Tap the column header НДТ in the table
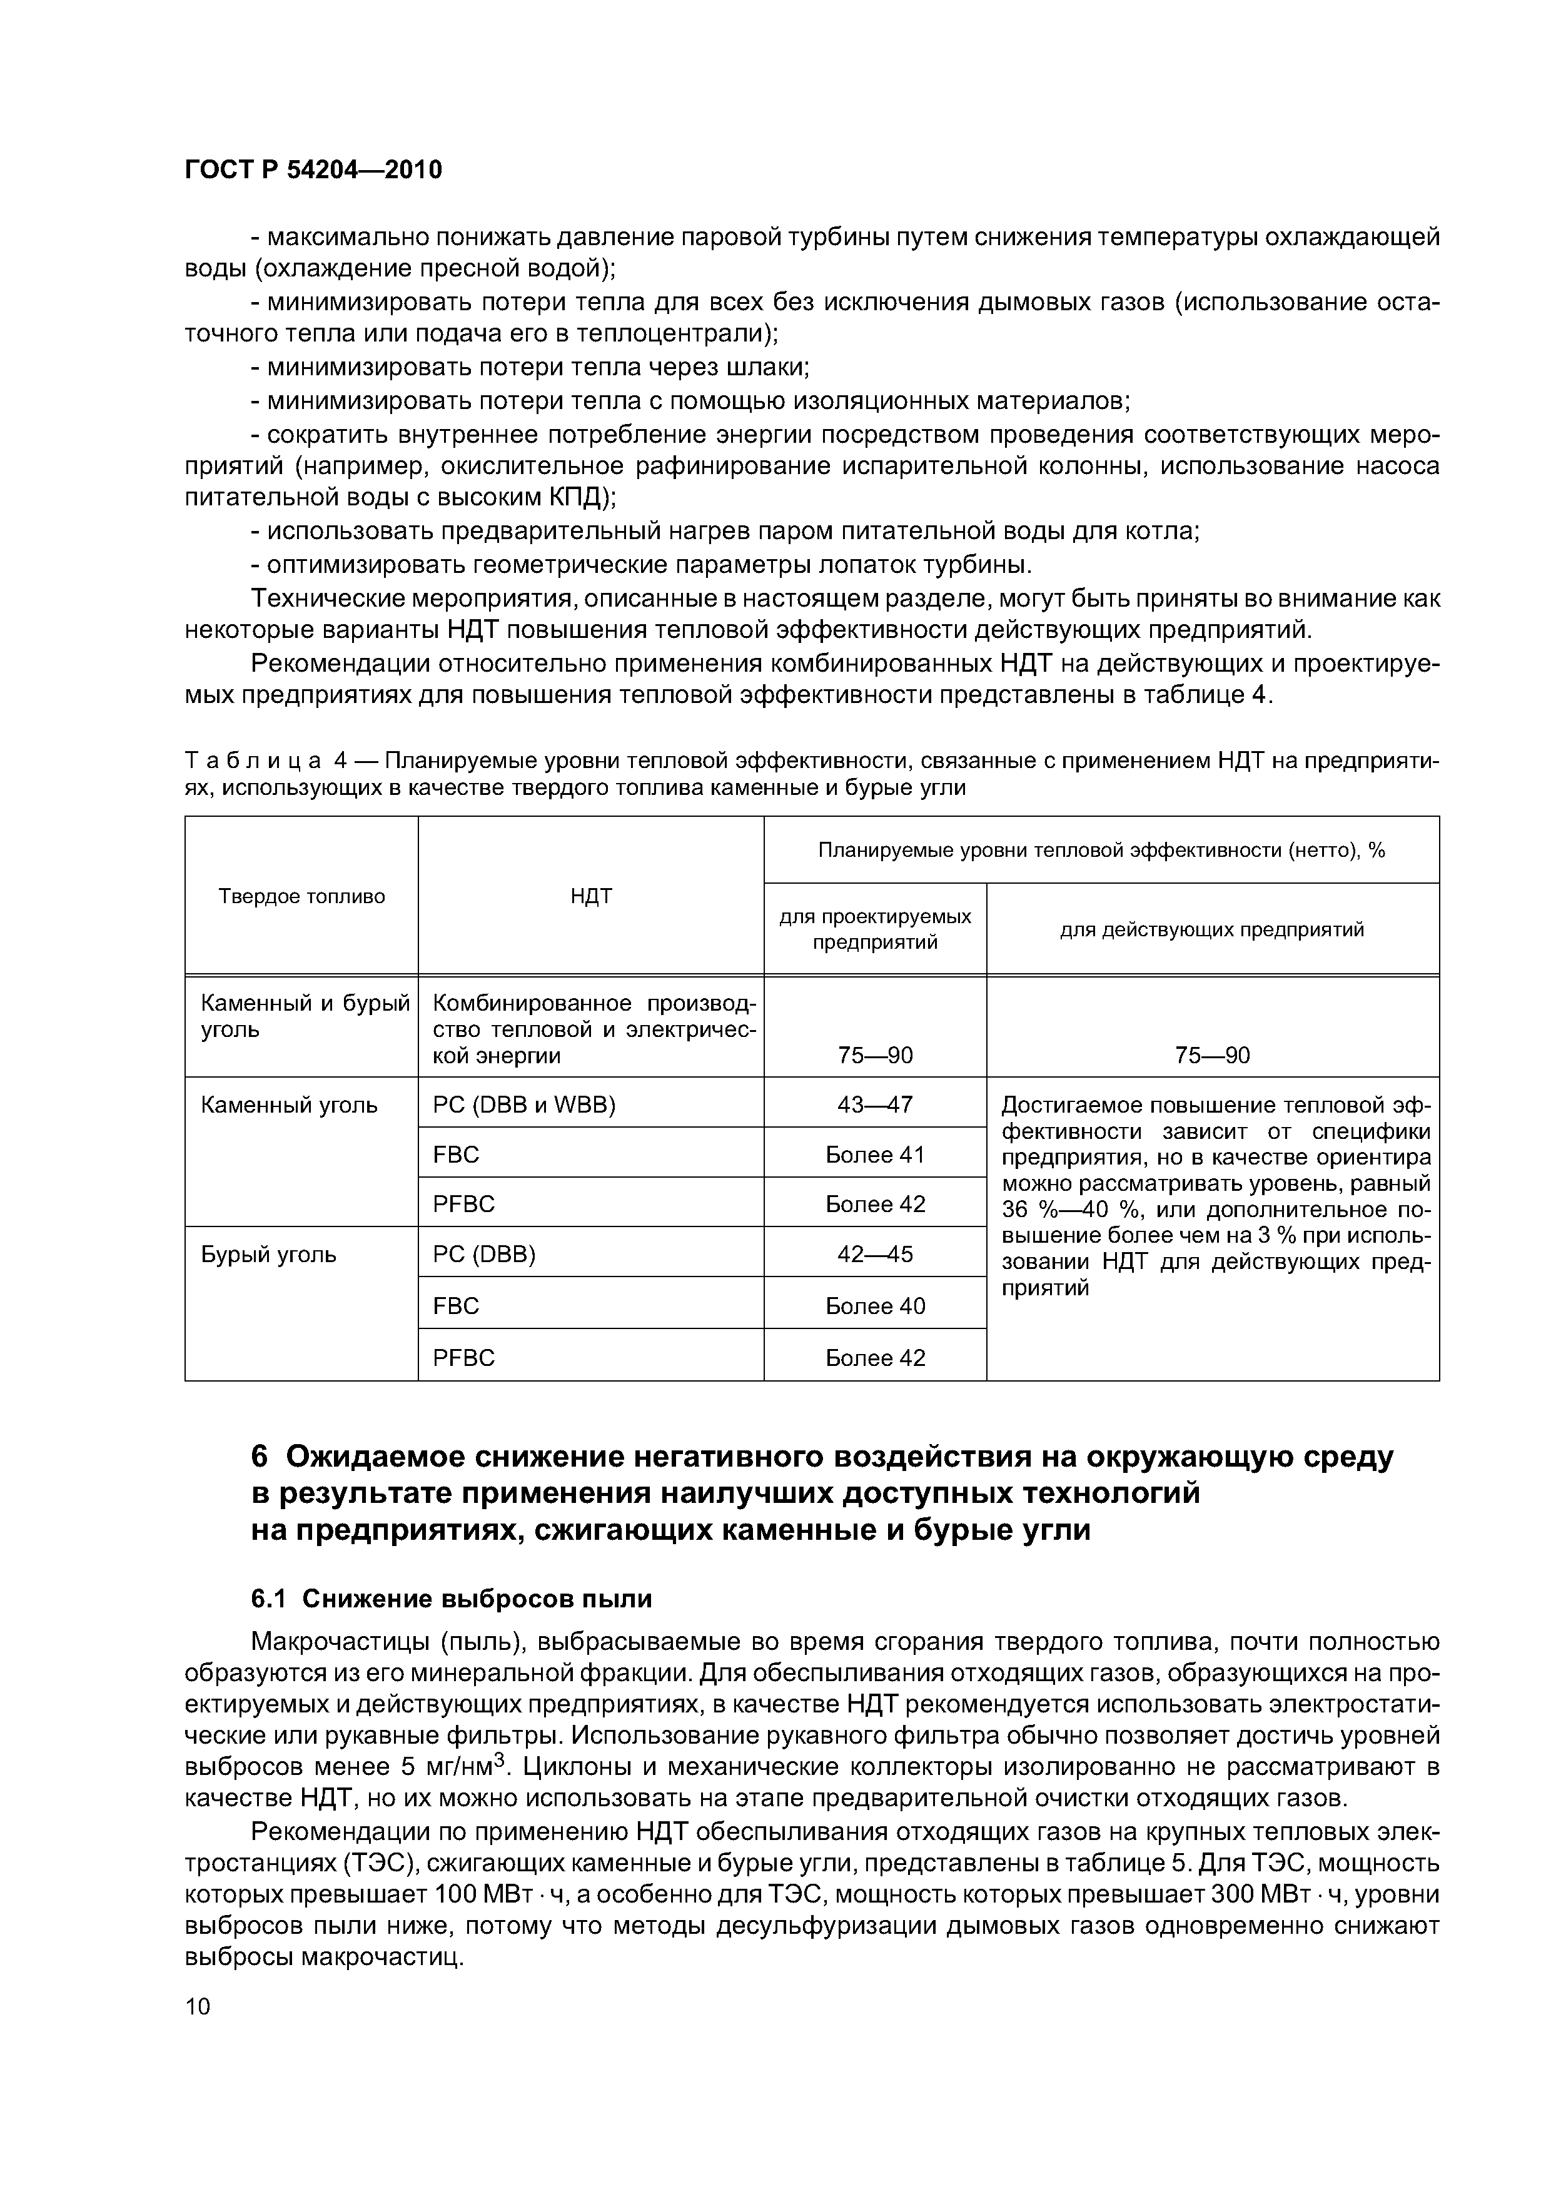coord(590,896)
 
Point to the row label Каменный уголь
coord(288,1105)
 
